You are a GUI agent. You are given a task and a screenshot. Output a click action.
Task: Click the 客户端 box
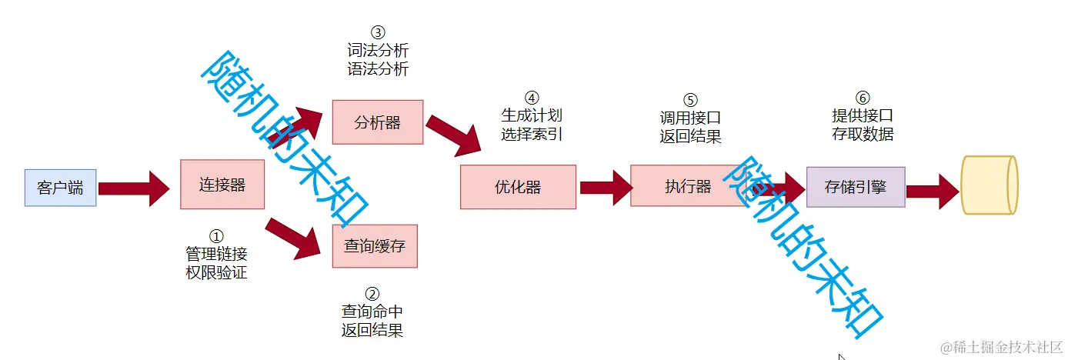pos(60,188)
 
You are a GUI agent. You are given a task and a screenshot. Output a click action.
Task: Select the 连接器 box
pos(222,185)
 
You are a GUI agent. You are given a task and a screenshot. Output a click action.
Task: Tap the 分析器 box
pos(377,122)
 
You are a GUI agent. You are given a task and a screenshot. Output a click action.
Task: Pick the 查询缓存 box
pos(374,246)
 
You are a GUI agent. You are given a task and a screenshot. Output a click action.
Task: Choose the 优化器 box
pos(517,187)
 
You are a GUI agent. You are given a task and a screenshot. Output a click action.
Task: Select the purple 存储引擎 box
pos(855,186)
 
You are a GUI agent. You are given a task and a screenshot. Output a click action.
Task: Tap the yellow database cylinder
pos(990,185)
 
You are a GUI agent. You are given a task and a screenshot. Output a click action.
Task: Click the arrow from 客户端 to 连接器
pos(134,188)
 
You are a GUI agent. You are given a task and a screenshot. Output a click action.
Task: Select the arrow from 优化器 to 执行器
pos(606,187)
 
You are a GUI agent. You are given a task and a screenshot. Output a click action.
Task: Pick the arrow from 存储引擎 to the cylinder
pos(933,188)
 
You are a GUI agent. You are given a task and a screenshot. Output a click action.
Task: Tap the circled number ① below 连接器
pos(216,235)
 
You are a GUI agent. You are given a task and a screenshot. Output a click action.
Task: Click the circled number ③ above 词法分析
pos(377,32)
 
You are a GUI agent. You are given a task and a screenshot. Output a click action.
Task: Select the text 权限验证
pos(216,272)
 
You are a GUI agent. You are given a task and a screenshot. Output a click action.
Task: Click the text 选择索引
pos(532,134)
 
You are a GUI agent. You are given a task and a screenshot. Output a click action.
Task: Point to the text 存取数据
pos(863,134)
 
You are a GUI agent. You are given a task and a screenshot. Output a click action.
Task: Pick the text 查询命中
pos(372,312)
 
